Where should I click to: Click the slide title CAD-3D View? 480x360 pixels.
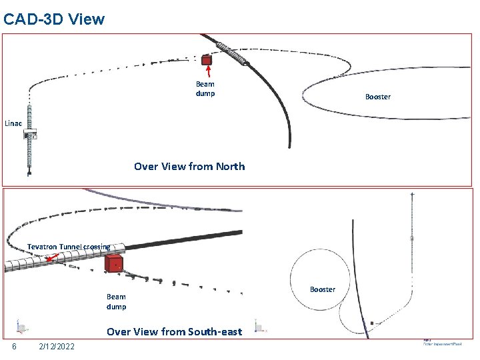coord(54,19)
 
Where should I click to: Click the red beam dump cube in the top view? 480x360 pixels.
coord(207,60)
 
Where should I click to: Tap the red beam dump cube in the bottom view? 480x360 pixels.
coord(114,263)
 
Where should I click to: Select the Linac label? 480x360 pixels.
coord(13,123)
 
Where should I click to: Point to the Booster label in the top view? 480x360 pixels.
coord(377,97)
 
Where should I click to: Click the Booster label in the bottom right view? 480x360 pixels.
coord(323,289)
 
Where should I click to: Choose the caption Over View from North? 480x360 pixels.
coord(189,167)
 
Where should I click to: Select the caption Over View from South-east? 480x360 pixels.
coord(175,331)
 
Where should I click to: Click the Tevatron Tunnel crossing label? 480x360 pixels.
coord(69,247)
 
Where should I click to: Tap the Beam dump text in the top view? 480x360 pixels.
coord(205,89)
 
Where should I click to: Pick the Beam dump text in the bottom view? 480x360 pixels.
coord(116,301)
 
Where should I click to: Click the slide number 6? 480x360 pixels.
coord(14,345)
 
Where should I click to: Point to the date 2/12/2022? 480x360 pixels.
coord(57,345)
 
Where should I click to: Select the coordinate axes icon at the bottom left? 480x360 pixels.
coord(21,327)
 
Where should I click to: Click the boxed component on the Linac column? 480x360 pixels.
coord(30,135)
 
